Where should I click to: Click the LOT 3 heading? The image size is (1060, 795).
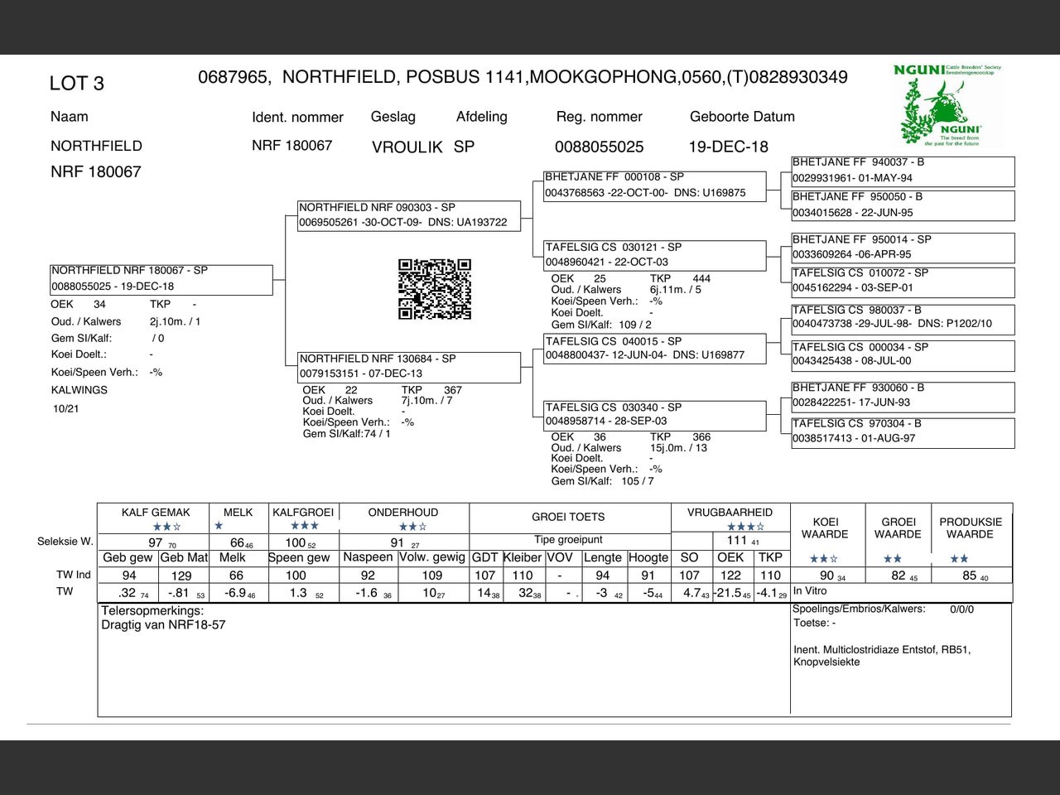[x=77, y=84]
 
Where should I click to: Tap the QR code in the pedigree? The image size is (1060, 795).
[x=435, y=289]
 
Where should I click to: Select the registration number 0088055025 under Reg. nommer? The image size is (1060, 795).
[x=599, y=147]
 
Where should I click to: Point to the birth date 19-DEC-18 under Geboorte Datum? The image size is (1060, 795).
[x=728, y=147]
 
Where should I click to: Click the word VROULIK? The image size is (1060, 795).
[x=407, y=147]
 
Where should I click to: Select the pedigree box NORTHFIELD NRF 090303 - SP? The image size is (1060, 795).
[x=409, y=215]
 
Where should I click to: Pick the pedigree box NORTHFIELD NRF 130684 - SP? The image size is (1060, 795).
[x=409, y=366]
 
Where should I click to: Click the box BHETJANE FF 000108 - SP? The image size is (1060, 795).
[x=654, y=185]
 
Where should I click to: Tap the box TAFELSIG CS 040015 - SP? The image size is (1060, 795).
[x=654, y=348]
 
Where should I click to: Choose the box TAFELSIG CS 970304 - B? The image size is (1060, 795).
[x=903, y=431]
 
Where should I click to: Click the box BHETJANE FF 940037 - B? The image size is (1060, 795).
[x=903, y=170]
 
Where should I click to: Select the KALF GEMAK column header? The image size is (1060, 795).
[x=156, y=513]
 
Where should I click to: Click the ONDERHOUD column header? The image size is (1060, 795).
[x=403, y=513]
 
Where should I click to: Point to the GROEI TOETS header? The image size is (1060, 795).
[x=568, y=517]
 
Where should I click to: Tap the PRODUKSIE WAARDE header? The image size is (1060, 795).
[x=971, y=528]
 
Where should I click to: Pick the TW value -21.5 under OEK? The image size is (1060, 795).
[x=729, y=593]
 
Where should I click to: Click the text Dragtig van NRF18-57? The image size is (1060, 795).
[x=163, y=624]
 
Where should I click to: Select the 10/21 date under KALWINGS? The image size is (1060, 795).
[x=65, y=408]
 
